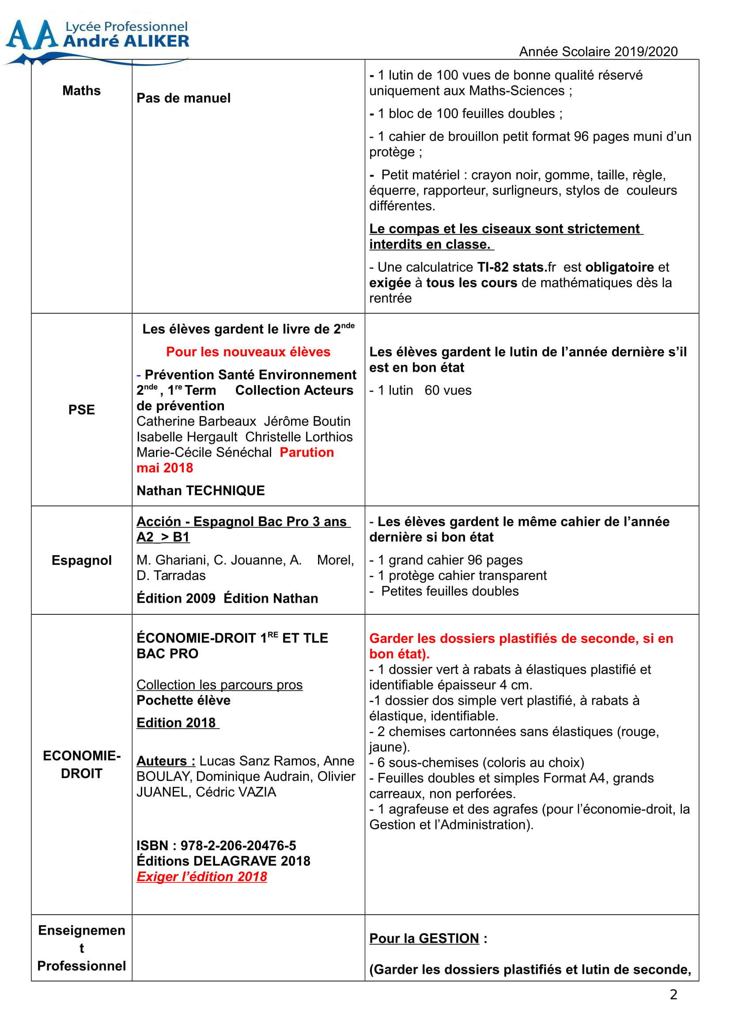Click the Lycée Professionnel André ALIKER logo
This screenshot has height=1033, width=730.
(x=97, y=41)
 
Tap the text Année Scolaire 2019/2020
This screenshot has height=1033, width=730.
(x=598, y=52)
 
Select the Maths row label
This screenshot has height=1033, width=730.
(x=81, y=91)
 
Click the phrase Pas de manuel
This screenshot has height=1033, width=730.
(x=184, y=98)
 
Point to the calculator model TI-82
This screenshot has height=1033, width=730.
(x=493, y=267)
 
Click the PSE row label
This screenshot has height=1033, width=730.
(x=81, y=410)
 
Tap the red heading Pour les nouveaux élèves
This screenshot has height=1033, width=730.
(x=248, y=352)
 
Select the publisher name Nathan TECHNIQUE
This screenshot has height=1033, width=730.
(x=200, y=490)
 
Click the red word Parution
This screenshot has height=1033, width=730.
(x=307, y=452)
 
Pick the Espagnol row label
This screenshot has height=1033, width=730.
(x=81, y=560)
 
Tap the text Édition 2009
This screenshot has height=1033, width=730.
(x=176, y=598)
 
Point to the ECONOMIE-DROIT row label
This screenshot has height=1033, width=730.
(x=81, y=764)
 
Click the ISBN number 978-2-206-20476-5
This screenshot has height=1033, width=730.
(x=238, y=845)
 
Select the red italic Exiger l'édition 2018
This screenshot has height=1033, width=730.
(x=201, y=876)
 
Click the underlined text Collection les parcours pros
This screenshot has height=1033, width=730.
(x=219, y=685)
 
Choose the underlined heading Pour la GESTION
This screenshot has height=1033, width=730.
(x=424, y=938)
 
